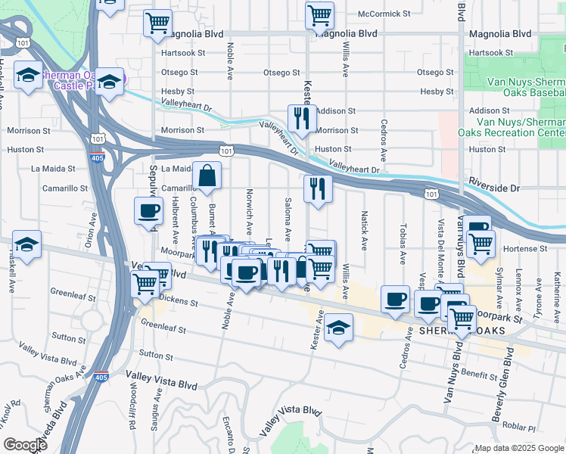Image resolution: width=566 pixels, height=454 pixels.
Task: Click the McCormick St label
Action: [384, 14]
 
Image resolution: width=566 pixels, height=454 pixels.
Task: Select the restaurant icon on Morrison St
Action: [302, 118]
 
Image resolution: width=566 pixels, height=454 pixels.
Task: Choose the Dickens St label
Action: [179, 302]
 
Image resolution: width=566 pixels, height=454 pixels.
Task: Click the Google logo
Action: [26, 445]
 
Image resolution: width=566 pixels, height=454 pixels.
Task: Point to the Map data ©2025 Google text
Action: [520, 448]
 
